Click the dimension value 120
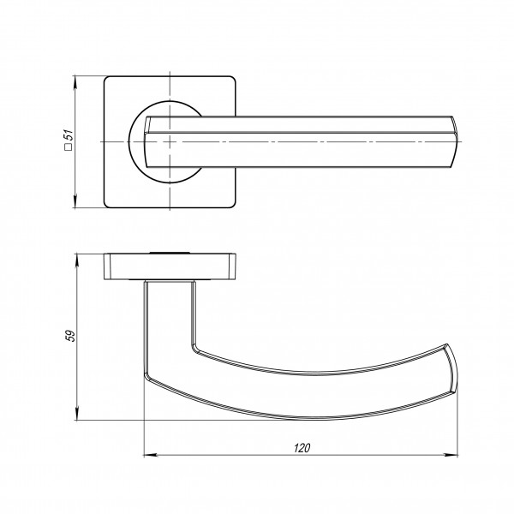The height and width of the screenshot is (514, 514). [x=302, y=448]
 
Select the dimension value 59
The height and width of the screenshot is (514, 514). [x=70, y=336]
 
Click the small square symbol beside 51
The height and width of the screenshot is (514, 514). [x=69, y=146]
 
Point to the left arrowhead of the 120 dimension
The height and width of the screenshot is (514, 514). [x=149, y=455]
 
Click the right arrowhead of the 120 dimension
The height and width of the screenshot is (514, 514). [x=451, y=455]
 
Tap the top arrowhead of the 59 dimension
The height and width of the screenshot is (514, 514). [x=77, y=260]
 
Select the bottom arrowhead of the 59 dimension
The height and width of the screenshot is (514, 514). [x=77, y=414]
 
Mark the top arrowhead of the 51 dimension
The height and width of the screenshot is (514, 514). [x=75, y=82]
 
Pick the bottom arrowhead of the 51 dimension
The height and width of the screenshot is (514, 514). [x=75, y=202]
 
